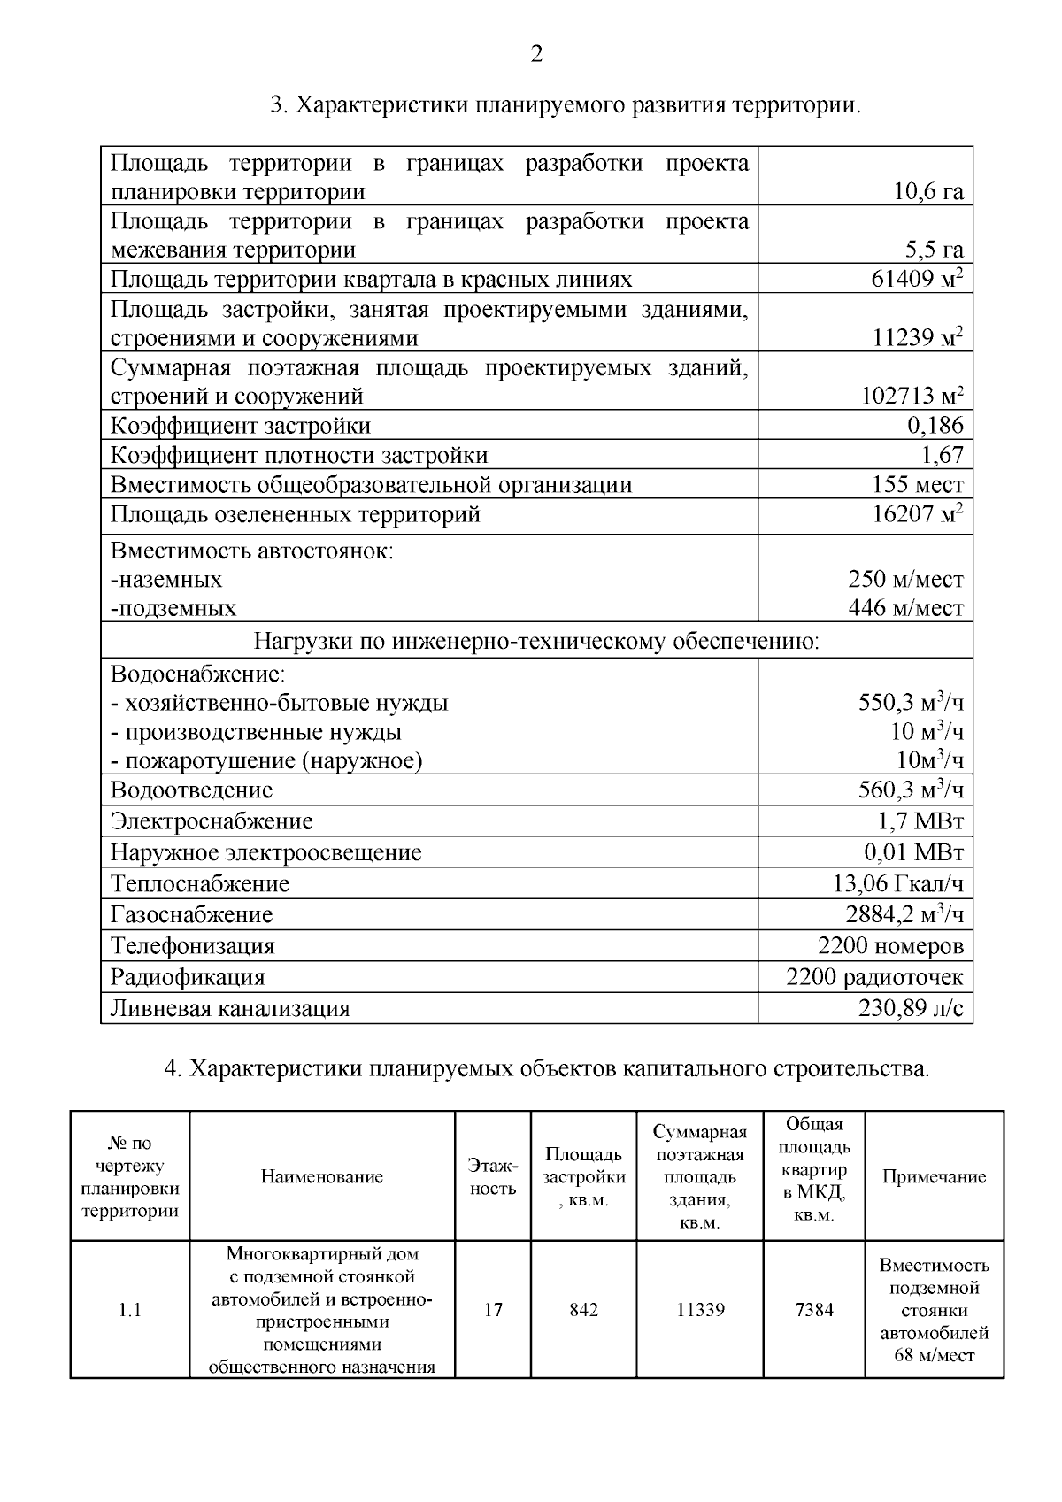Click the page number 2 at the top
(536, 55)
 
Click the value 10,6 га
(928, 192)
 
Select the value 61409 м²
(917, 280)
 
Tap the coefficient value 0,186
(935, 426)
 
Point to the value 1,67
(942, 455)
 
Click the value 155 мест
(917, 484)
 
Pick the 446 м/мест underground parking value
(905, 608)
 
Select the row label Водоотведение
(191, 790)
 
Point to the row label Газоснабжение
(191, 914)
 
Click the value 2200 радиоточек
(874, 977)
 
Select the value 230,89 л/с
(911, 1008)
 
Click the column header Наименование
(322, 1176)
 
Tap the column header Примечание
(934, 1176)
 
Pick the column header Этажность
(493, 1177)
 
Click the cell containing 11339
(700, 1310)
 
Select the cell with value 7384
(814, 1310)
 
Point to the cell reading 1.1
(130, 1310)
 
